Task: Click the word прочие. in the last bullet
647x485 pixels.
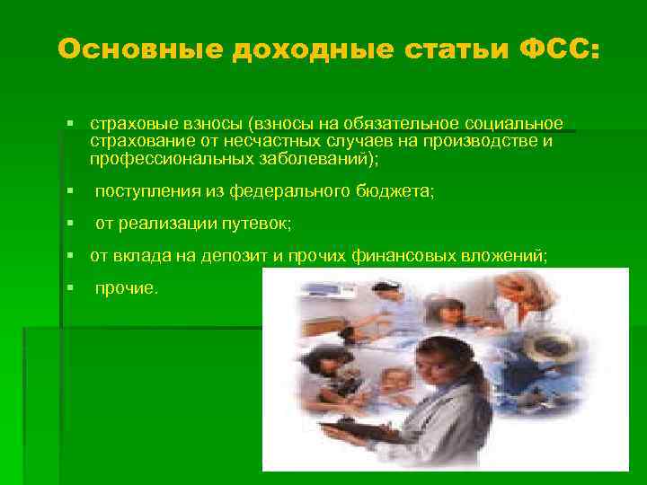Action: (127, 288)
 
